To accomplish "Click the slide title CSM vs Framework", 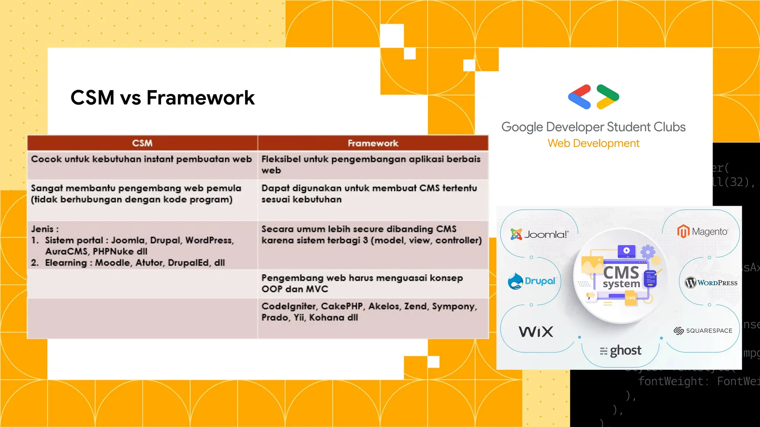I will (x=163, y=97).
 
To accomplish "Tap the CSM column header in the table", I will (x=142, y=143).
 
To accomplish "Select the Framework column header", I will (x=373, y=143).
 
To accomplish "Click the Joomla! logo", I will (x=539, y=234).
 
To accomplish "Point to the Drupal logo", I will (x=532, y=281).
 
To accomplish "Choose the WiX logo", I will (x=536, y=331).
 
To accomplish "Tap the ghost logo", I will (x=621, y=351).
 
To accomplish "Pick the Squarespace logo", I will (x=703, y=331).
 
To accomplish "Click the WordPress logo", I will (x=711, y=283).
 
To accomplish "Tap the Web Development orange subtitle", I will (x=593, y=143).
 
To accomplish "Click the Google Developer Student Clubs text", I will (x=593, y=127).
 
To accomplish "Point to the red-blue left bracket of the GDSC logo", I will (x=580, y=97).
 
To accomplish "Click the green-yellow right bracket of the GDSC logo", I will (x=607, y=97).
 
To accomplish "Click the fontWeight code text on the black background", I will (x=671, y=381).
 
